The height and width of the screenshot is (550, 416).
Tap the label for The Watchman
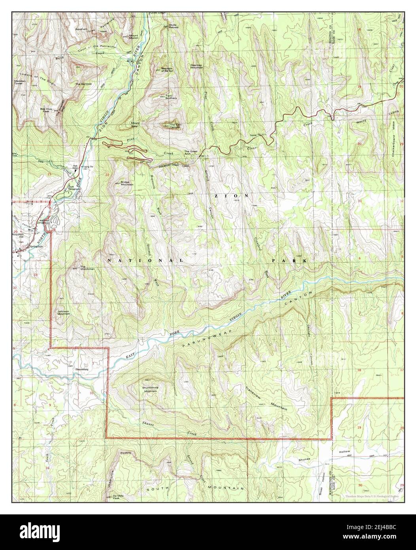[87, 268]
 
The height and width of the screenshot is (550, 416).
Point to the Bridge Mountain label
[127, 183]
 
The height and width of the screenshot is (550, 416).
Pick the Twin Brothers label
[171, 97]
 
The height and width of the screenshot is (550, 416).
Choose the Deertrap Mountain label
[197, 66]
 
